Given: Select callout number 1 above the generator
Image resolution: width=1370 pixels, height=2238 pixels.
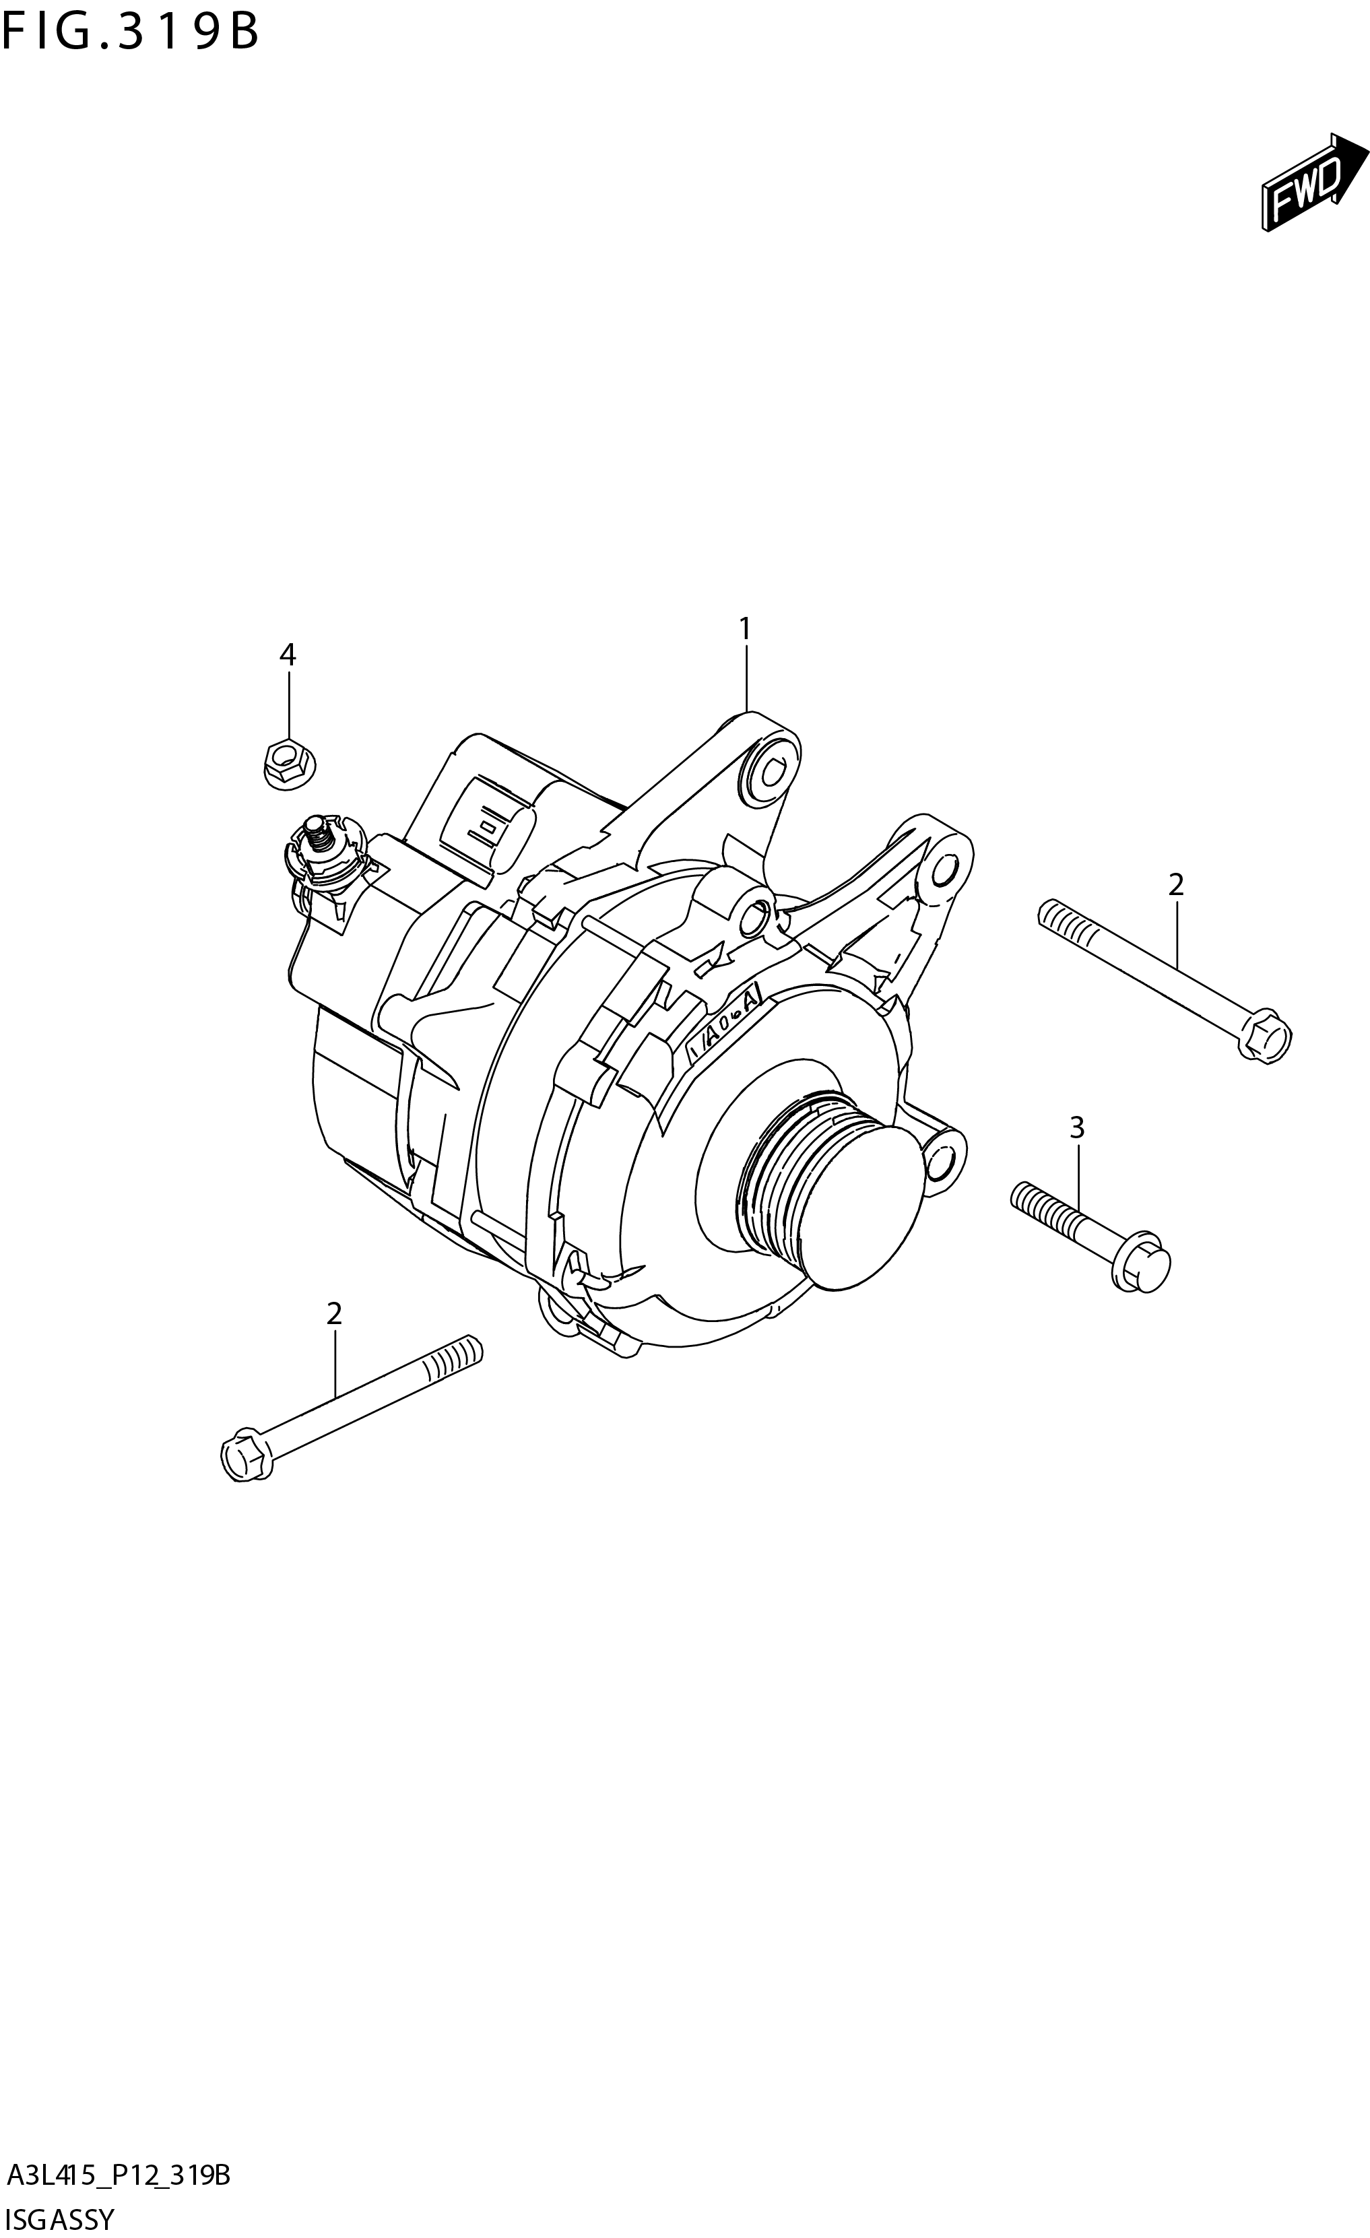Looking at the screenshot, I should pos(745,628).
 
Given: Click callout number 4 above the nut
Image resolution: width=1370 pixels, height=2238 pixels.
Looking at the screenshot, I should pos(287,654).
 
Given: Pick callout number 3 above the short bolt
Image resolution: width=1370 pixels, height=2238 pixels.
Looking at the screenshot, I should pos(1076,1128).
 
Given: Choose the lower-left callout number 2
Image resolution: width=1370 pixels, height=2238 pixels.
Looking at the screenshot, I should pos(334,1313).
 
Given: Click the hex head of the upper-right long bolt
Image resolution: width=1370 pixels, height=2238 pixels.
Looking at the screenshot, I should pos(1266,1037).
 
